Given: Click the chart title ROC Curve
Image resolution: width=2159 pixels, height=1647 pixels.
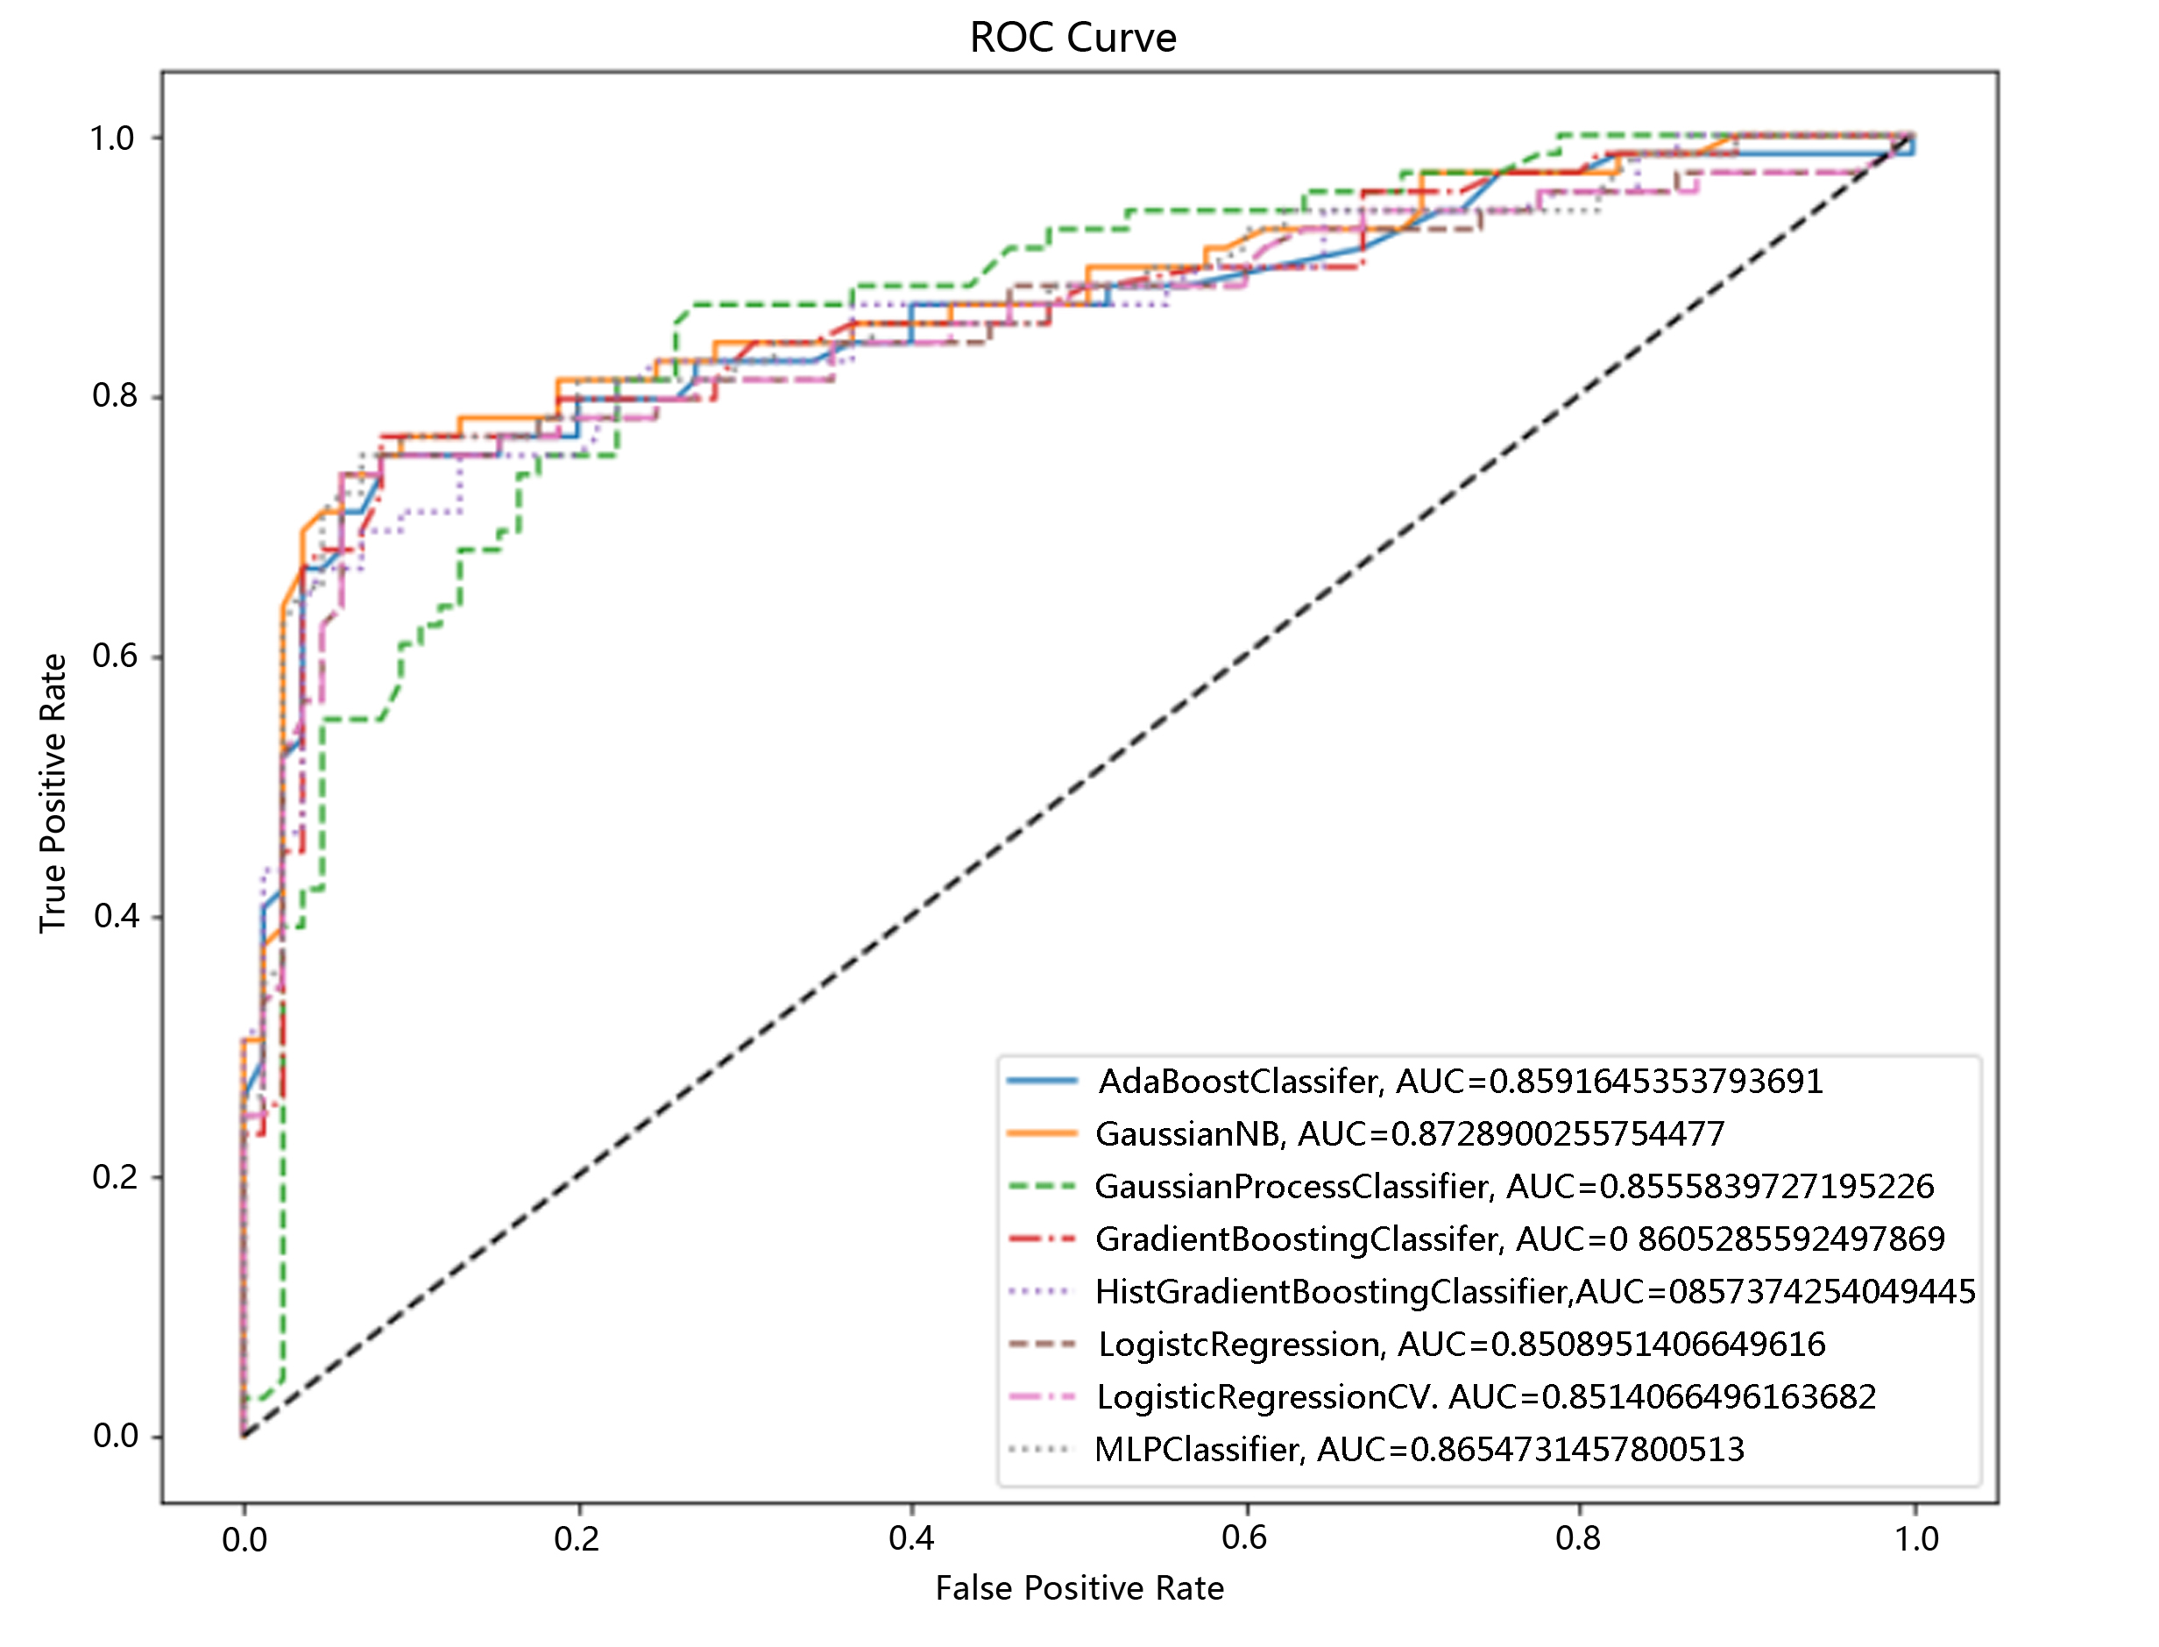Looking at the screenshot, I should (x=1072, y=39).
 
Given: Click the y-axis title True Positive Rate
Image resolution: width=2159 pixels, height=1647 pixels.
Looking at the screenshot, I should (x=53, y=793).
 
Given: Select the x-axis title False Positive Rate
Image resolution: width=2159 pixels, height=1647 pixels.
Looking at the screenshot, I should (x=1079, y=1588).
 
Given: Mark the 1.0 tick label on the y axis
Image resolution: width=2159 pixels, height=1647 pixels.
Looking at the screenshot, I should (x=113, y=138).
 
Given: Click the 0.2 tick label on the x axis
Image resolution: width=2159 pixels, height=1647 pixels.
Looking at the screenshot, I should (x=577, y=1539).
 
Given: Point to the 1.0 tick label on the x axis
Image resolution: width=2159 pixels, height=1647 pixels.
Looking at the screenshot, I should (x=1915, y=1539).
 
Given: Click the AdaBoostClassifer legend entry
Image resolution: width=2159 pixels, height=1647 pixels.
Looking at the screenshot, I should (x=1461, y=1082).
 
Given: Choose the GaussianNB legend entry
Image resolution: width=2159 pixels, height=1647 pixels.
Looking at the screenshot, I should (x=1409, y=1134).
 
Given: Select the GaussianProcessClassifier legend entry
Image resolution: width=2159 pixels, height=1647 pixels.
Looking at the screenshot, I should (x=1514, y=1187).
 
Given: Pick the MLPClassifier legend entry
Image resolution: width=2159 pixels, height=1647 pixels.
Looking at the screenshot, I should (x=1419, y=1449).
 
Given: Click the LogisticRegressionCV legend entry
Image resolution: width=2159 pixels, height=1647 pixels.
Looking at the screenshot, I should (x=1486, y=1397).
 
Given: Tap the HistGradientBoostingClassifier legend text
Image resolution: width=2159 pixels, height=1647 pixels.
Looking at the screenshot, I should (x=1535, y=1292).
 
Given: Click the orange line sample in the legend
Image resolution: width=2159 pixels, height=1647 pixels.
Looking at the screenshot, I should (x=1042, y=1134).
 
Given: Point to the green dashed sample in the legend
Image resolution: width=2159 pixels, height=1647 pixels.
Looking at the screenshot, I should (x=1042, y=1187).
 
